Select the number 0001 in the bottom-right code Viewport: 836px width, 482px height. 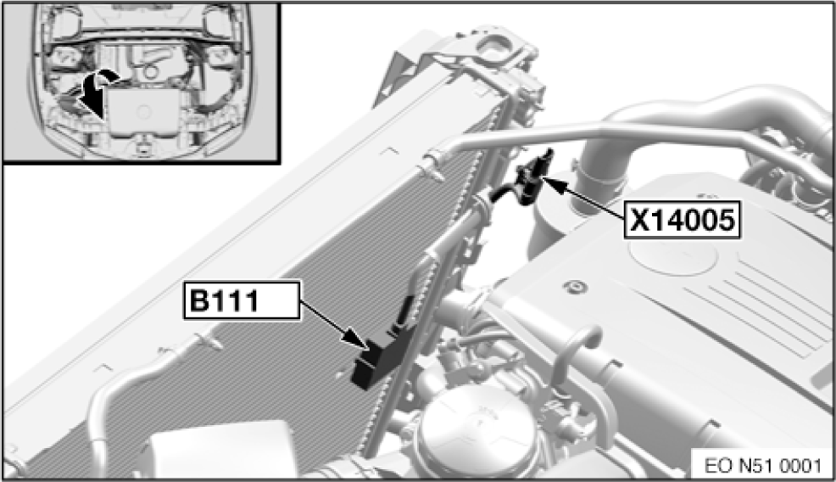click(797, 466)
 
